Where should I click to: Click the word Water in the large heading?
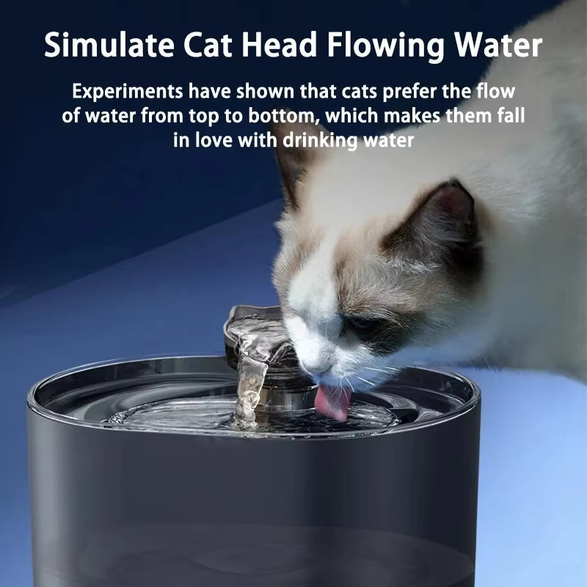[498, 45]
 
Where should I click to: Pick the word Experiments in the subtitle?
[125, 94]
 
